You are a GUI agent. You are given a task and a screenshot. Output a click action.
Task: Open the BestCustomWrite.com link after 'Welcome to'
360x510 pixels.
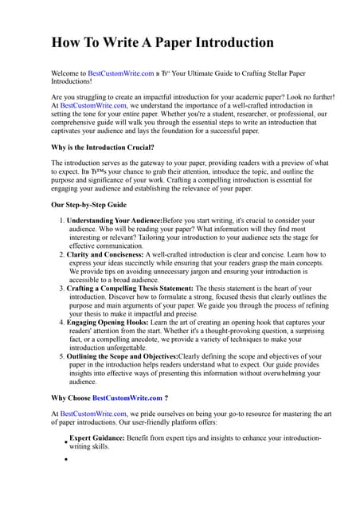[121, 73]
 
